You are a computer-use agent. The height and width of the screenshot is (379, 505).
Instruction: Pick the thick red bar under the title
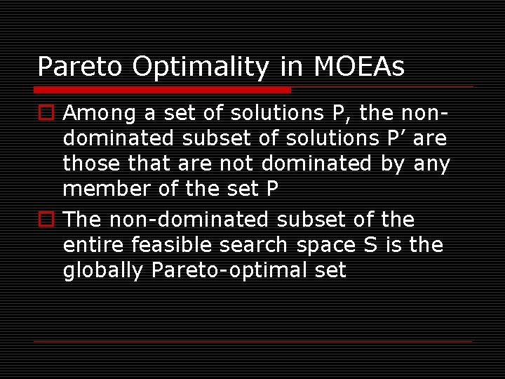point(162,90)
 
